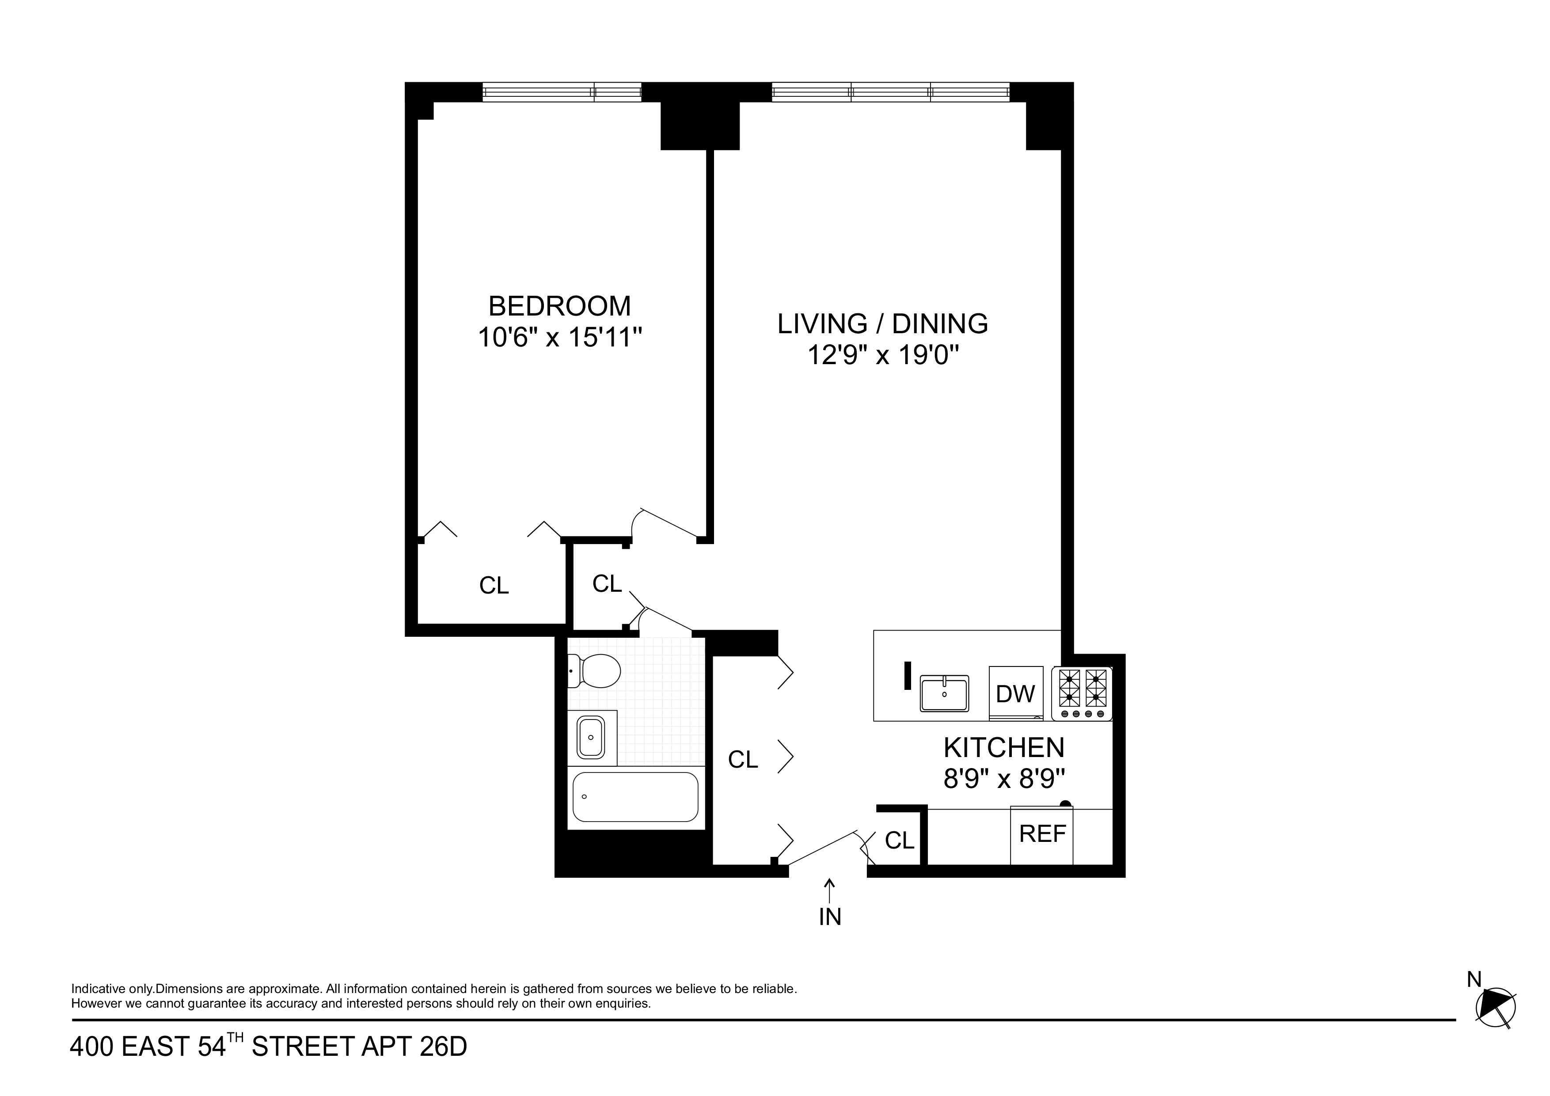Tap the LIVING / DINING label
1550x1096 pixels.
tap(882, 323)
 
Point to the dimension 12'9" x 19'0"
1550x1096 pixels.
tap(883, 354)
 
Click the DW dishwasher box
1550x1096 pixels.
tap(1015, 693)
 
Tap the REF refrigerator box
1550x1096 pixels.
tap(1042, 834)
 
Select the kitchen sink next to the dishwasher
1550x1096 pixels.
tap(944, 693)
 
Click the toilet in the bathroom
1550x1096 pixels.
tap(595, 670)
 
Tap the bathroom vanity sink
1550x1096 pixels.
tap(591, 738)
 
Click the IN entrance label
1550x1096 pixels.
tap(830, 917)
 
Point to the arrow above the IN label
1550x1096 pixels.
tap(830, 889)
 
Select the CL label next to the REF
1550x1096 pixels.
tap(899, 841)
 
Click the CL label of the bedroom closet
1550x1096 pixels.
tap(494, 586)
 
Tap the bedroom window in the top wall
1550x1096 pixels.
tap(562, 92)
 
